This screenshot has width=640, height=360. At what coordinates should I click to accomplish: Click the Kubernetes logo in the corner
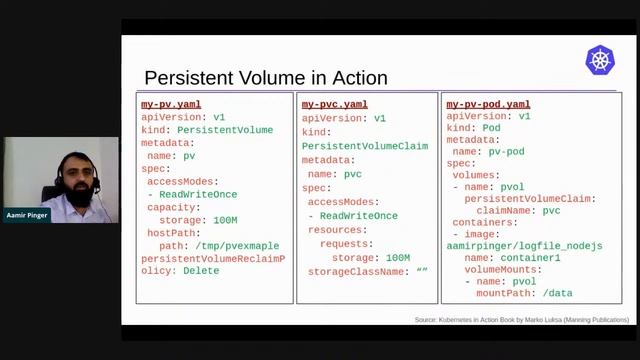600,60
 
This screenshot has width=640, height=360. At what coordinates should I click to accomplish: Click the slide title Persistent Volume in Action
266,78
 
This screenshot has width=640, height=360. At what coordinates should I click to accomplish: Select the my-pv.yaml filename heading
171,104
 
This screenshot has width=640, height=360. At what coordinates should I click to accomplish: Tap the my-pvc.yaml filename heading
334,104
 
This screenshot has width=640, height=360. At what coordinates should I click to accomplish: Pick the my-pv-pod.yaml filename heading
488,104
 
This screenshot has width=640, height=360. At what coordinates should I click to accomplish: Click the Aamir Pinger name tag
27,215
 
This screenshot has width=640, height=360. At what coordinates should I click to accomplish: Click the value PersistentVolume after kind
225,130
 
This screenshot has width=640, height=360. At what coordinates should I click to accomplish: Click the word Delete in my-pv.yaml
201,271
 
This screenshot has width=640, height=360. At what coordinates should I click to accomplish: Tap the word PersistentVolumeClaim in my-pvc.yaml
365,146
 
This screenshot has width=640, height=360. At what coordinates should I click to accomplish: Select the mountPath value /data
552,293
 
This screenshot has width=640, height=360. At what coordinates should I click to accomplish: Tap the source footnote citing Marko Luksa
522,320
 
